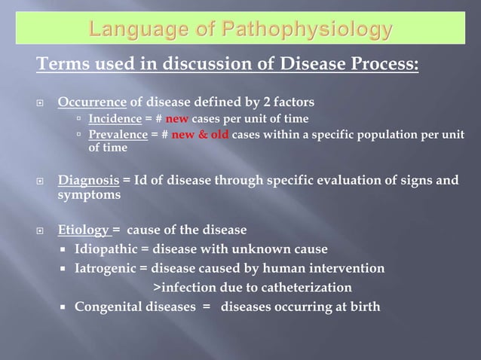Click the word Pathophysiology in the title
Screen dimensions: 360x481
pos(308,31)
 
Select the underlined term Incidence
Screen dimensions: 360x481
pos(114,119)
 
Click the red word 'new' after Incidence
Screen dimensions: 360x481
pos(177,119)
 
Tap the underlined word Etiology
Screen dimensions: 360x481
pos(83,230)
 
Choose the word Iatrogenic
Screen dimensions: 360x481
pos(105,268)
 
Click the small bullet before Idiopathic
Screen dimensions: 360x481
pos(66,249)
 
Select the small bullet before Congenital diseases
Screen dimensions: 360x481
pos(66,307)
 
